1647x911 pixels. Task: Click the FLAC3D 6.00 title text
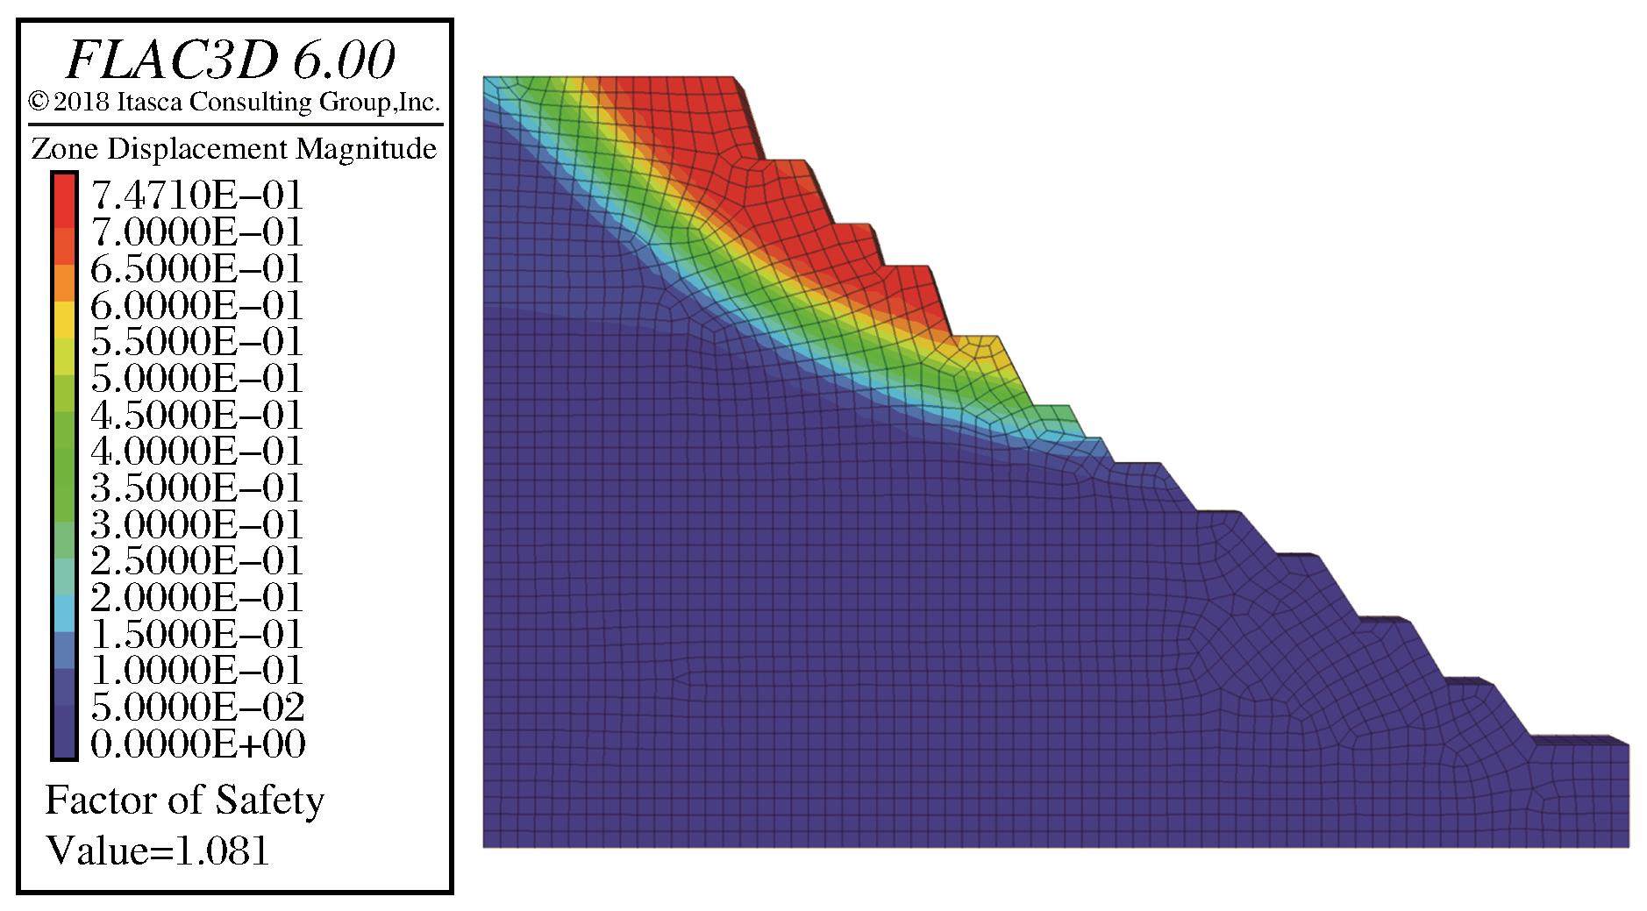[231, 60]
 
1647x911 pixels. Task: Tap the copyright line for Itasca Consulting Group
[233, 103]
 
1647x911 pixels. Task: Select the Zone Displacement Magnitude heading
[233, 149]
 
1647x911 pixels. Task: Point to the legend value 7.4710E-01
[196, 195]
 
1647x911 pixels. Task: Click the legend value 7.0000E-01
[196, 231]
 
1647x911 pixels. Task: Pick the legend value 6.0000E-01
[196, 305]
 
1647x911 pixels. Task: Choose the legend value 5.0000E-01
[196, 378]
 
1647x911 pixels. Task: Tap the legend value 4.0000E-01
[196, 451]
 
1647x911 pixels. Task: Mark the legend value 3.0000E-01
[196, 524]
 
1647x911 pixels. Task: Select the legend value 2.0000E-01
[196, 597]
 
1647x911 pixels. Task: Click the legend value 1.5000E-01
[196, 634]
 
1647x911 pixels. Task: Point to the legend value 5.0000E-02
[197, 707]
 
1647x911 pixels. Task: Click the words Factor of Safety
[184, 801]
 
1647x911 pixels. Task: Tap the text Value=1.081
[157, 850]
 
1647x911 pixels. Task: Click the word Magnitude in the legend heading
[366, 150]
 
